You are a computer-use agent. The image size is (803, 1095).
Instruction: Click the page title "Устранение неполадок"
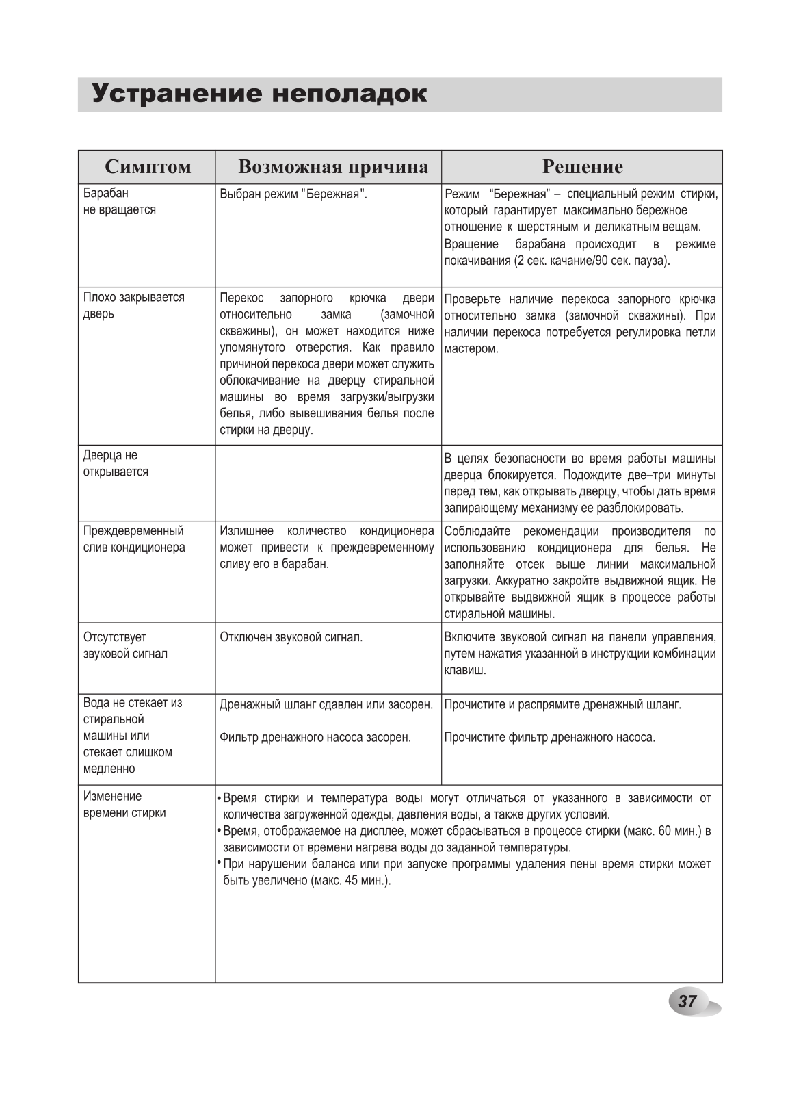click(260, 94)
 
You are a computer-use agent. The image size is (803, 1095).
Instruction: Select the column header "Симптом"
click(148, 167)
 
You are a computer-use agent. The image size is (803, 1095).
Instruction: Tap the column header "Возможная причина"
click(333, 167)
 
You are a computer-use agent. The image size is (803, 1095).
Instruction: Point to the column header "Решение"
click(582, 167)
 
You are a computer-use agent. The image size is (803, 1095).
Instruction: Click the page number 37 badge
click(687, 1002)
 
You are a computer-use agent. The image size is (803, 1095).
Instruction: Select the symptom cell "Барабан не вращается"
click(120, 202)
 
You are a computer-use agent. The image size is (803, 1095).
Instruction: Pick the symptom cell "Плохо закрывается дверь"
click(134, 306)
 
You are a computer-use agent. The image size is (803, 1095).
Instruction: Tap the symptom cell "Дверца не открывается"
click(116, 464)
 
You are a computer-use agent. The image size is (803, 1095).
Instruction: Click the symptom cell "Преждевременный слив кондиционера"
click(134, 539)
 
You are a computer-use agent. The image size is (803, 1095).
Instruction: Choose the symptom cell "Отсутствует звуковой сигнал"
click(125, 645)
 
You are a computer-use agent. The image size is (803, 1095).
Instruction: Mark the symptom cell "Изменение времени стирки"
click(124, 805)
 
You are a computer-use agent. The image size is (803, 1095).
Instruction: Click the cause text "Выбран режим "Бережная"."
click(293, 194)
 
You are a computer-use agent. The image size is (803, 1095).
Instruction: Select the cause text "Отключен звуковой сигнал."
click(291, 638)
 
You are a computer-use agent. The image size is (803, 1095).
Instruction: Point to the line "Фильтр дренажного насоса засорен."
click(315, 738)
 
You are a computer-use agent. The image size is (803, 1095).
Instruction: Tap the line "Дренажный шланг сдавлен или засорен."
click(326, 705)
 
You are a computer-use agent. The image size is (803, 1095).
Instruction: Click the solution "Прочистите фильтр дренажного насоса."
click(550, 738)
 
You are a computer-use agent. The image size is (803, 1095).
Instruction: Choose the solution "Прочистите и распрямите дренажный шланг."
click(563, 705)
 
